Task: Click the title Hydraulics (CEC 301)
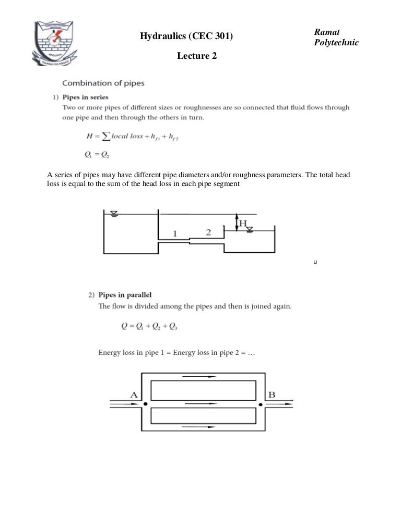pos(187,36)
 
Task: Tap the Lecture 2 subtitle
pos(196,56)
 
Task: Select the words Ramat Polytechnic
pos(336,37)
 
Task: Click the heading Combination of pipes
pos(103,83)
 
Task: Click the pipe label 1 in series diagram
pos(175,234)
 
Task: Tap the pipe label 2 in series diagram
pos(208,232)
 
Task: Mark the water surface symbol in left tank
pos(114,214)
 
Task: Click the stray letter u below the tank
pos(314,262)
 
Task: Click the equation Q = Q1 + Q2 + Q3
pos(152,327)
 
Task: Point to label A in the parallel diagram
pos(133,395)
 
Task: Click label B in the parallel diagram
pos(272,394)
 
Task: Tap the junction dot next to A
pos(146,404)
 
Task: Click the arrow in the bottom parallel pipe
pos(199,426)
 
